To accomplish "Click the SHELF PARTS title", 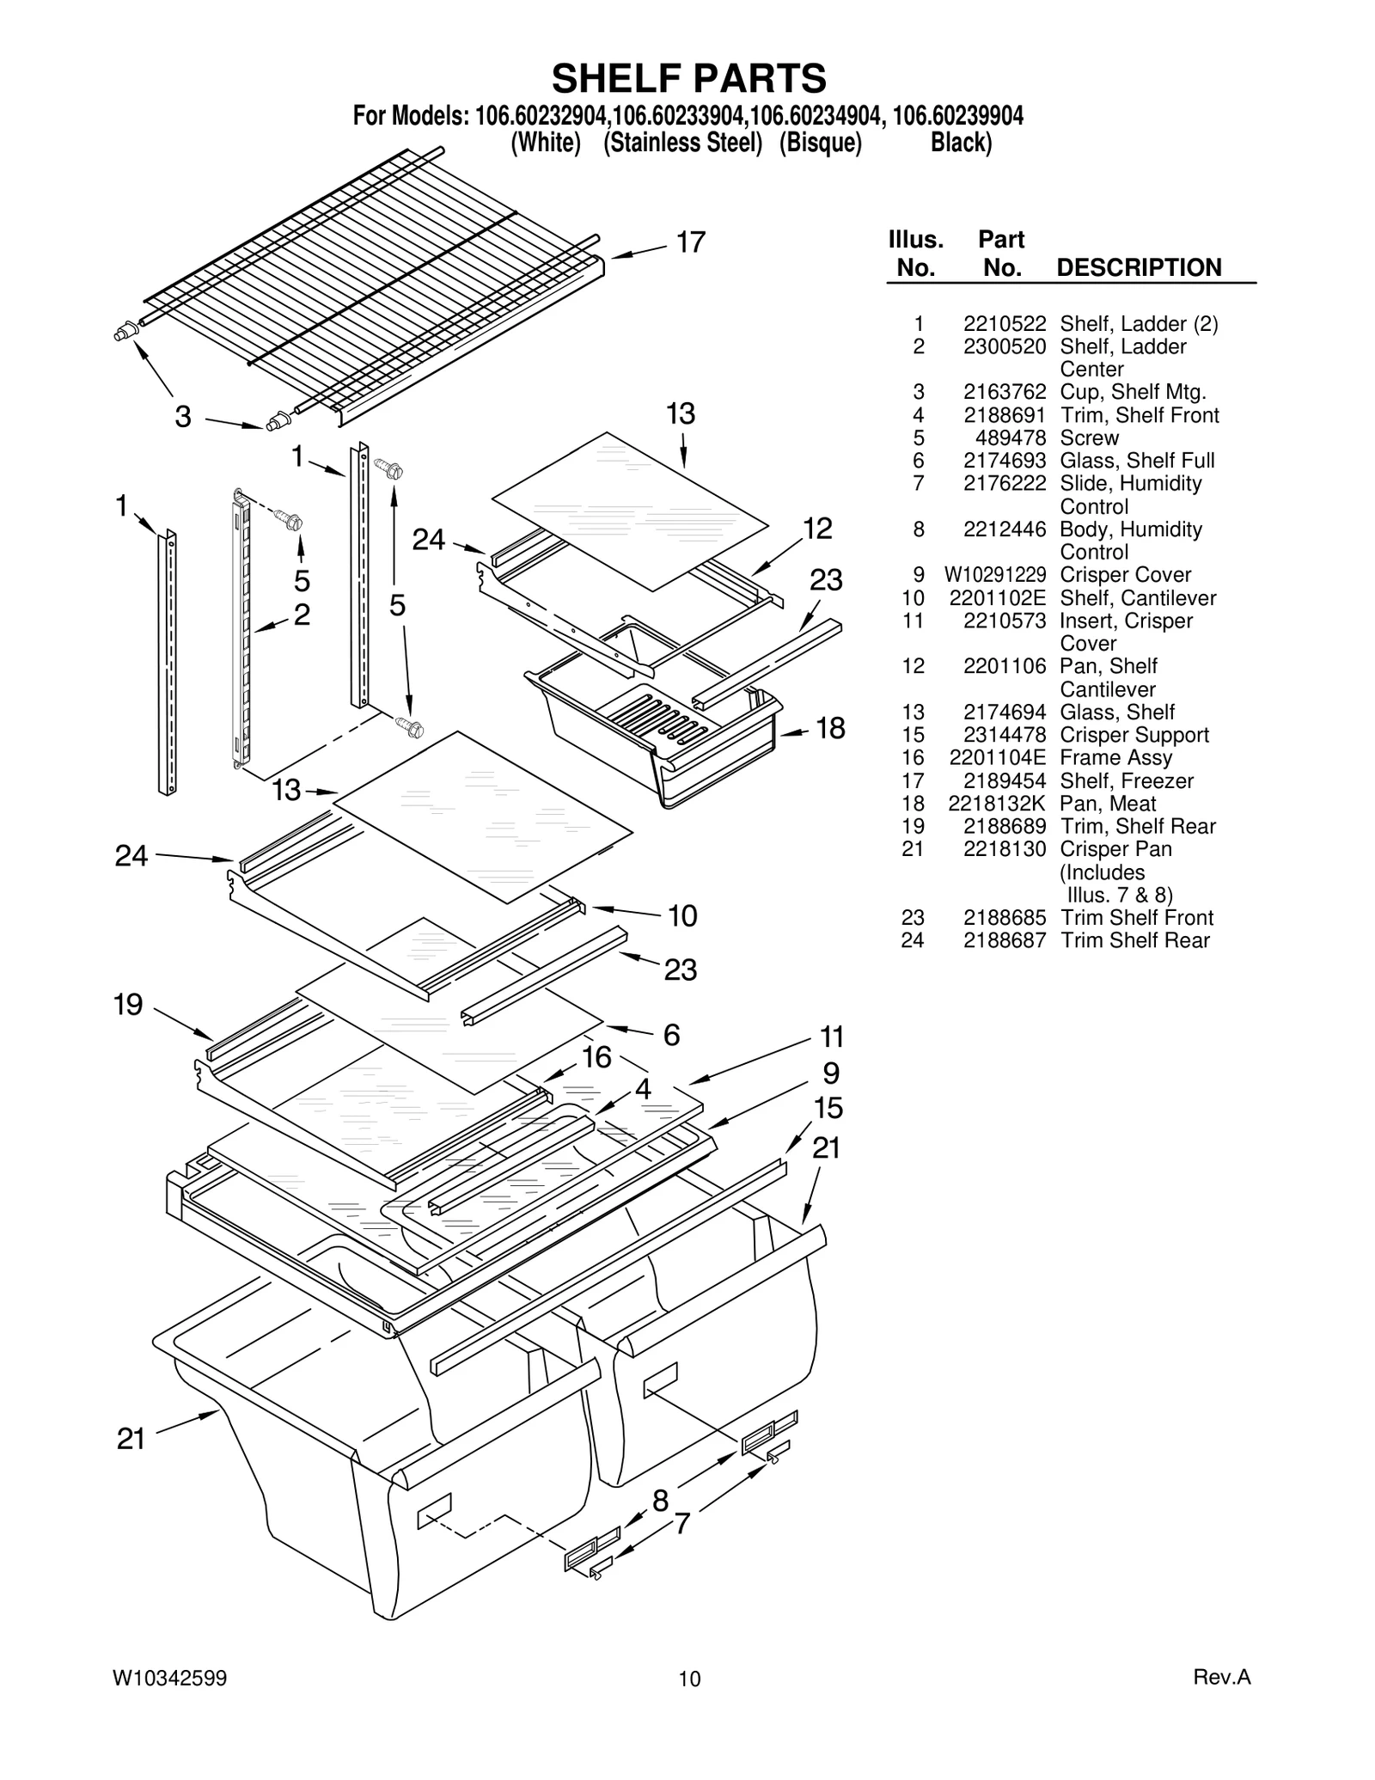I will pyautogui.click(x=688, y=78).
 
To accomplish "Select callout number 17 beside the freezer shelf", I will pyautogui.click(x=690, y=243).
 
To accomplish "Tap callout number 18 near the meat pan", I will pyautogui.click(x=830, y=729).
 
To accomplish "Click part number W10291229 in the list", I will pyautogui.click(x=995, y=575).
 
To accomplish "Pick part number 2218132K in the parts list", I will pyautogui.click(x=997, y=804).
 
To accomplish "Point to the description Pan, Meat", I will pyautogui.click(x=1108, y=804).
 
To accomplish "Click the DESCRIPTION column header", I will pyautogui.click(x=1139, y=267).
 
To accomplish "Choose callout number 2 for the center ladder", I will pyautogui.click(x=302, y=615).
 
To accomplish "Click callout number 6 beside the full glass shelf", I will pyautogui.click(x=671, y=1035).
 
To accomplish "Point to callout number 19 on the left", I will pyautogui.click(x=129, y=1005).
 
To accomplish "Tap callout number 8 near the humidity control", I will pyautogui.click(x=660, y=1501).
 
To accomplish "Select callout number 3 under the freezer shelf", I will pyautogui.click(x=183, y=418).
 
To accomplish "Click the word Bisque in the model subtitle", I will pyautogui.click(x=820, y=143).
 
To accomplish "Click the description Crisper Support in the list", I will pyautogui.click(x=1134, y=735).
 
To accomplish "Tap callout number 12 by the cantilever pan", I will pyautogui.click(x=817, y=529).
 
